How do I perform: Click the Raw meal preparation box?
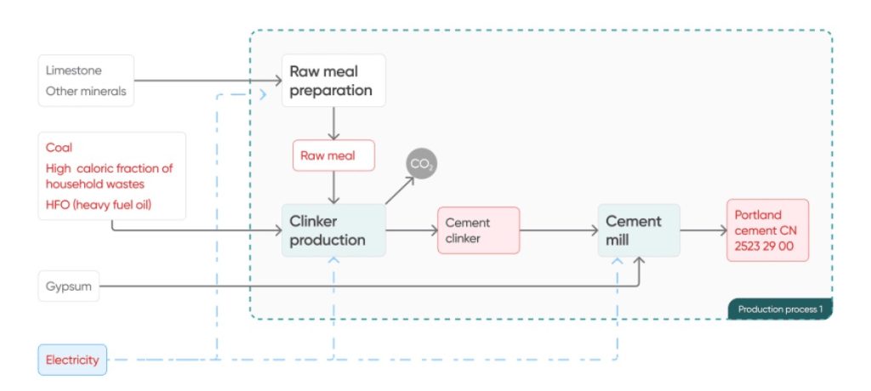coord(333,81)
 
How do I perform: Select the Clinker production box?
coord(333,229)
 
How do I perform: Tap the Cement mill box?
coord(639,229)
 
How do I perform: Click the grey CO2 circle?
coord(421,163)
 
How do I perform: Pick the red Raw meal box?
coord(333,156)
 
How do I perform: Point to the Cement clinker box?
coord(478,229)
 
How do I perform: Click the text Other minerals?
coord(86,91)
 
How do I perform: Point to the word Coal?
coord(60,147)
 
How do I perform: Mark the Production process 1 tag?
coord(779,309)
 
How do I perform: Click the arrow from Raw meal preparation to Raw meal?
coord(333,123)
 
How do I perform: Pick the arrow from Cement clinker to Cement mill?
coord(558,229)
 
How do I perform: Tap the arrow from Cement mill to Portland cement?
coord(703,229)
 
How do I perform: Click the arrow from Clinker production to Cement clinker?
coord(411,229)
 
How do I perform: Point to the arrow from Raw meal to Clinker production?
coord(333,187)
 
